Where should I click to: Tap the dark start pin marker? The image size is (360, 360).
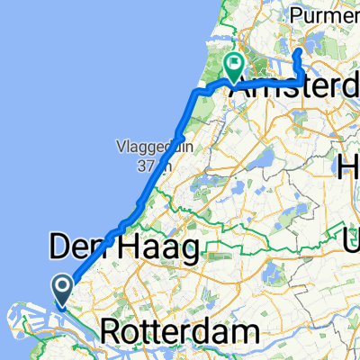coord(64,288)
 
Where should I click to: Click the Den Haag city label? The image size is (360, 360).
coord(121,247)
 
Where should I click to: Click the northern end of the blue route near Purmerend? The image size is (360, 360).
coord(298,54)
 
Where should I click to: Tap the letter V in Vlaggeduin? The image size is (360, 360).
coord(119,147)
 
